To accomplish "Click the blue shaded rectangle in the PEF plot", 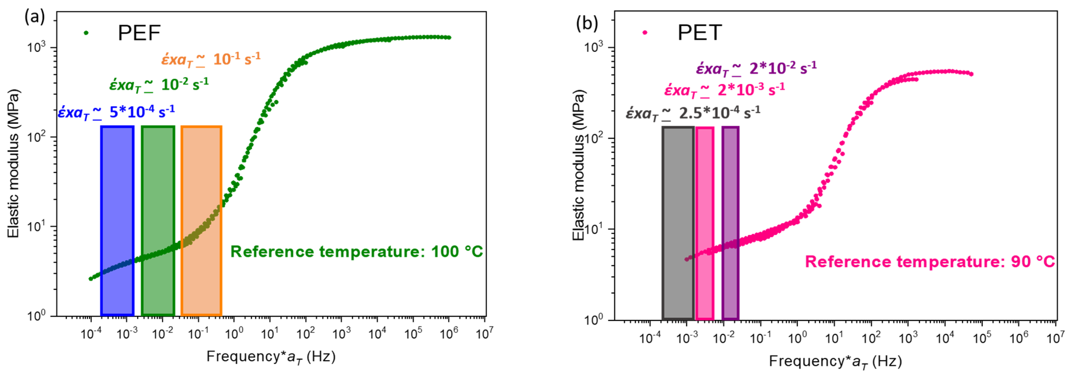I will [x=117, y=221].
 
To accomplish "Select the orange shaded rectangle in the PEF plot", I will [x=201, y=221].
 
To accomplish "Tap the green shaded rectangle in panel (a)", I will [x=158, y=221].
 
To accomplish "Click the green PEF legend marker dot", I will [x=86, y=33].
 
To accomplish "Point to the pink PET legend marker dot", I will [x=645, y=32].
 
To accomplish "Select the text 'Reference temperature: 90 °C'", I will [x=929, y=262].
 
